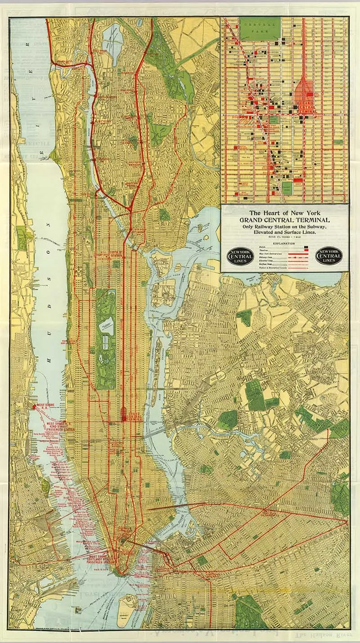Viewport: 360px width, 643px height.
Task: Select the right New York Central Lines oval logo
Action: point(328,256)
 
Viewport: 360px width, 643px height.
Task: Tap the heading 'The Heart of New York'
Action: point(284,213)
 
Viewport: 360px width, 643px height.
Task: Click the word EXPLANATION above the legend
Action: point(283,243)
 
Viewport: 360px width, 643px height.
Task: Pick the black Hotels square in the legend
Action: point(306,247)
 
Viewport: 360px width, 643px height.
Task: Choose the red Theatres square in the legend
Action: point(306,251)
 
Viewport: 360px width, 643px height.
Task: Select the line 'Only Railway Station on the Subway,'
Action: point(284,226)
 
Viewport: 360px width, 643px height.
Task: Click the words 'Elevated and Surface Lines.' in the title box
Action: point(284,232)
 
